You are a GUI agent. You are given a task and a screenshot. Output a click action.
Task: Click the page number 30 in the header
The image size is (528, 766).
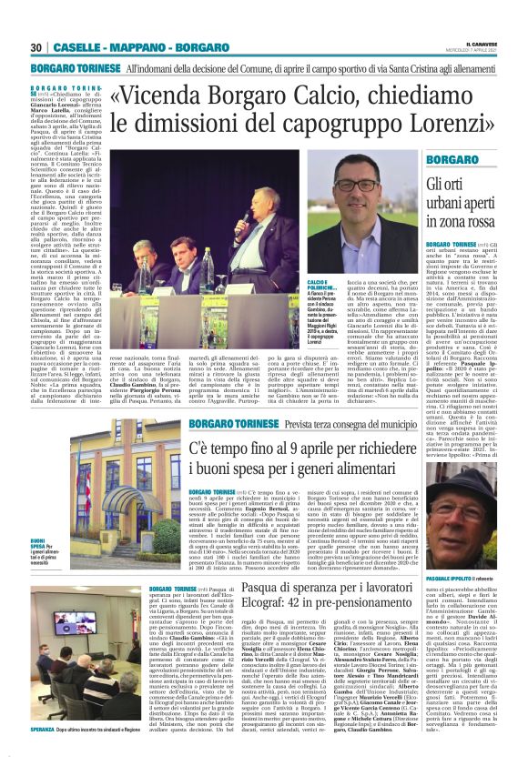(x=36, y=47)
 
